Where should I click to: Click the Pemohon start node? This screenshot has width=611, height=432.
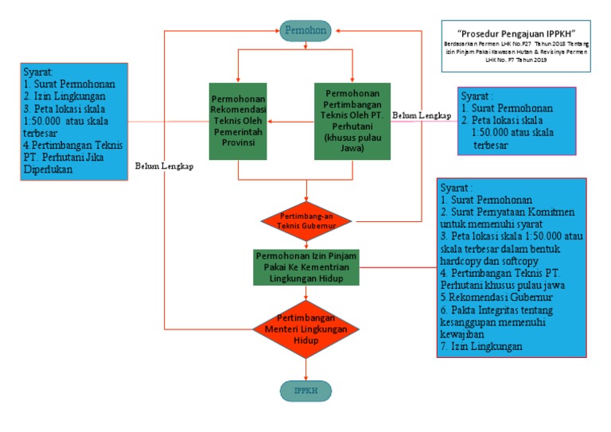point(306,30)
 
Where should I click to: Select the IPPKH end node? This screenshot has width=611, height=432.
point(306,391)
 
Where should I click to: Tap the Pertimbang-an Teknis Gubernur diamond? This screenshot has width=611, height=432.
point(306,220)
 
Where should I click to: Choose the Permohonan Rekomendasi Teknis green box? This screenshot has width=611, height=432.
point(238,122)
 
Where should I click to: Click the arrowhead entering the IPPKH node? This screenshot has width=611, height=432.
point(306,378)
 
